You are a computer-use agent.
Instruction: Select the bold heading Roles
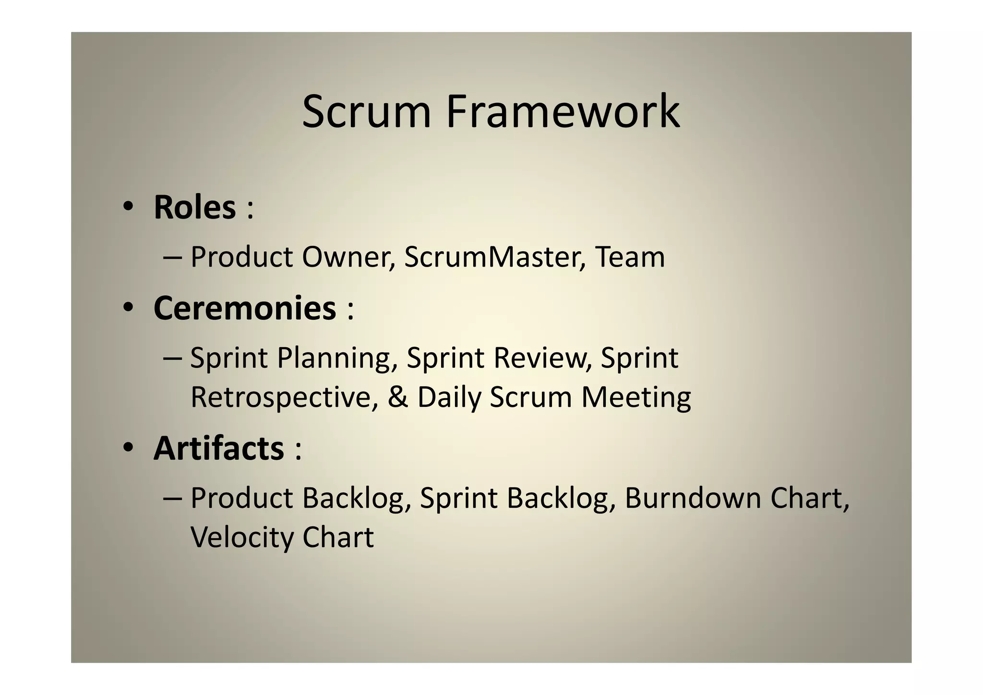coord(194,207)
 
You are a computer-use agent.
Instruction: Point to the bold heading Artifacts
coord(219,448)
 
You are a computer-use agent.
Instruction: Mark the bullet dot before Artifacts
coord(127,448)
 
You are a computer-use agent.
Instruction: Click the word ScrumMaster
coord(494,257)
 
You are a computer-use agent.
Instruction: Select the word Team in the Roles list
coord(630,257)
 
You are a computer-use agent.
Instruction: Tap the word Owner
coord(348,257)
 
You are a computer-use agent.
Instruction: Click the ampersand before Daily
coord(398,397)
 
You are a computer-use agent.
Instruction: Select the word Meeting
coord(636,398)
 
